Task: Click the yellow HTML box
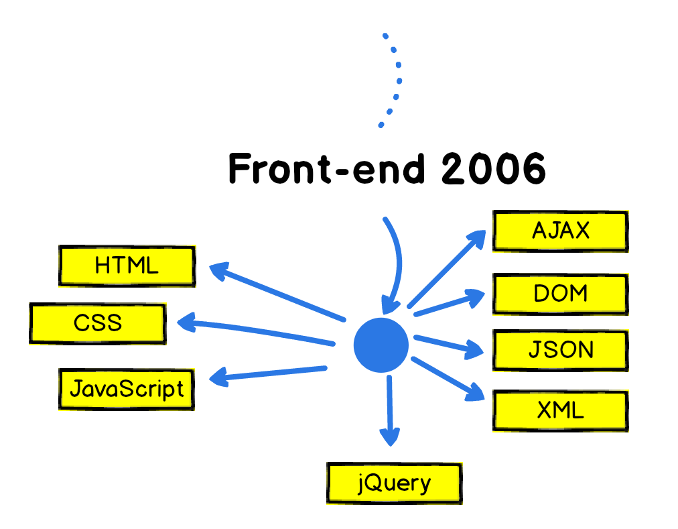(127, 266)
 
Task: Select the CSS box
(98, 323)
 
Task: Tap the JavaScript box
(127, 389)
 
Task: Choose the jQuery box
(394, 483)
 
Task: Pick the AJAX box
(560, 231)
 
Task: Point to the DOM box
(560, 294)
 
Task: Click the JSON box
(560, 350)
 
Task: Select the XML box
(560, 410)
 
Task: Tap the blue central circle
(381, 345)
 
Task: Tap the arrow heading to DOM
(449, 303)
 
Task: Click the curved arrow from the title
(397, 261)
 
